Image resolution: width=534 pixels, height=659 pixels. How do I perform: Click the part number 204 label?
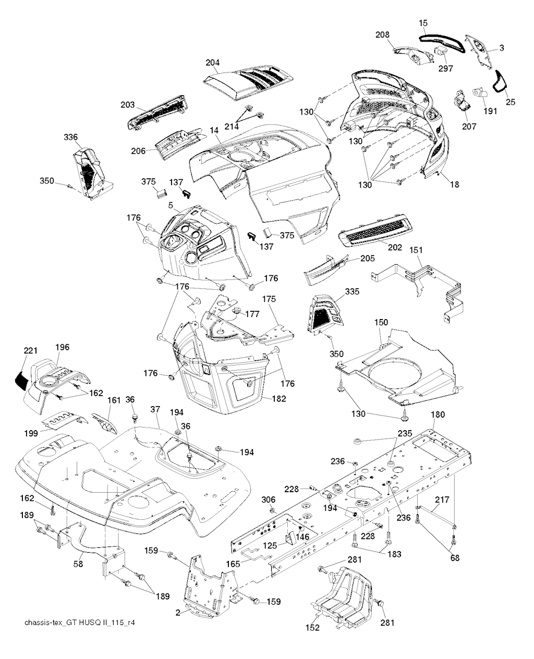[212, 63]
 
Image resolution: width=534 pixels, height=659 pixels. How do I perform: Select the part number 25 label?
[510, 102]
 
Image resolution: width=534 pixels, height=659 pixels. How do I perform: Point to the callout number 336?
[71, 138]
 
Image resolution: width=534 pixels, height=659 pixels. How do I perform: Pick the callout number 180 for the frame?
[438, 414]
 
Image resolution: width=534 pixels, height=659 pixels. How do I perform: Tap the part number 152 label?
[312, 628]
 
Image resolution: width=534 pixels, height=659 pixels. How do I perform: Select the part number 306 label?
[268, 499]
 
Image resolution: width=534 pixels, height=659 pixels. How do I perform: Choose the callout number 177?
[252, 314]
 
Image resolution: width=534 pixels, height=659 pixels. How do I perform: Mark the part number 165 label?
[233, 564]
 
